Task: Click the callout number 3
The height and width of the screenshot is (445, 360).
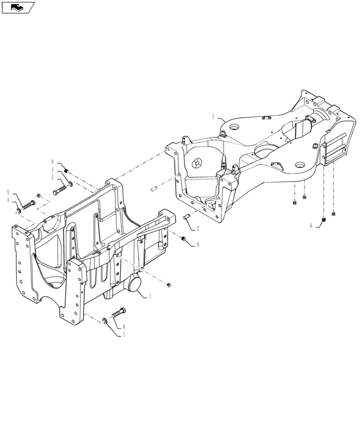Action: pyautogui.click(x=213, y=117)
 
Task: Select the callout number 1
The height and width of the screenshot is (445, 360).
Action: pyautogui.click(x=150, y=296)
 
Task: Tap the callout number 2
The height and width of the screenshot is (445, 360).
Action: pyautogui.click(x=198, y=228)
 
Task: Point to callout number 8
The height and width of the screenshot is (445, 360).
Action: pyautogui.click(x=124, y=327)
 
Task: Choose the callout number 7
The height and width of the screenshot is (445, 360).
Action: pyautogui.click(x=123, y=335)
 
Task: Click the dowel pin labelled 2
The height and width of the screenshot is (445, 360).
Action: pyautogui.click(x=186, y=218)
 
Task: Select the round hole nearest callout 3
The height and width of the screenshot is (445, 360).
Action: pyautogui.click(x=234, y=127)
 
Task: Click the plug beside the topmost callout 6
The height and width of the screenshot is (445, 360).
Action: pyautogui.click(x=65, y=171)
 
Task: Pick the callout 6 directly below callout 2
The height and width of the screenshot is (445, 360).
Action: pyautogui.click(x=198, y=245)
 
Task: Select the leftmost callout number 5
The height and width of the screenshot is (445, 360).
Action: pyautogui.click(x=8, y=192)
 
